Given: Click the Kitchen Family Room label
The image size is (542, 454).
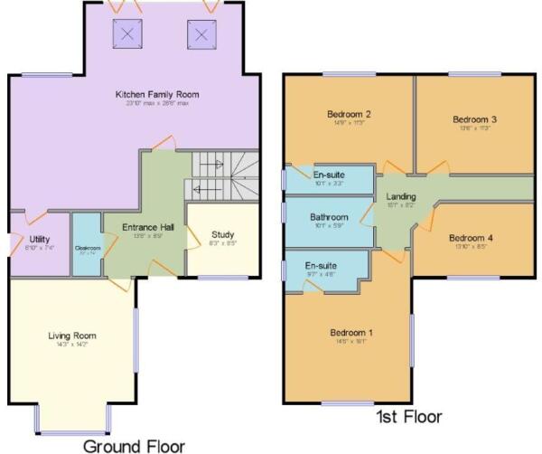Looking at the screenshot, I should click(157, 94).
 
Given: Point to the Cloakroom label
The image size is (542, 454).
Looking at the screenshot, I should click(88, 248).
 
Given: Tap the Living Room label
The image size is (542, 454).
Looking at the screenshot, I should click(72, 336).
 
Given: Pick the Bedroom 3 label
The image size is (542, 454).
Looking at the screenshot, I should click(475, 118).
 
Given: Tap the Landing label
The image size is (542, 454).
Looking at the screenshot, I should click(400, 196).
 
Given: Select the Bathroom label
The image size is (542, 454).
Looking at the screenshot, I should click(329, 217).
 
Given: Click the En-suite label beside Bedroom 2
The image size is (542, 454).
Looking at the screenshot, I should click(327, 175).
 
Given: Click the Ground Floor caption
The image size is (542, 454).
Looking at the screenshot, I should click(134, 445).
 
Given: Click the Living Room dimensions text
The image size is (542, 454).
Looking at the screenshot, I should click(73, 345).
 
